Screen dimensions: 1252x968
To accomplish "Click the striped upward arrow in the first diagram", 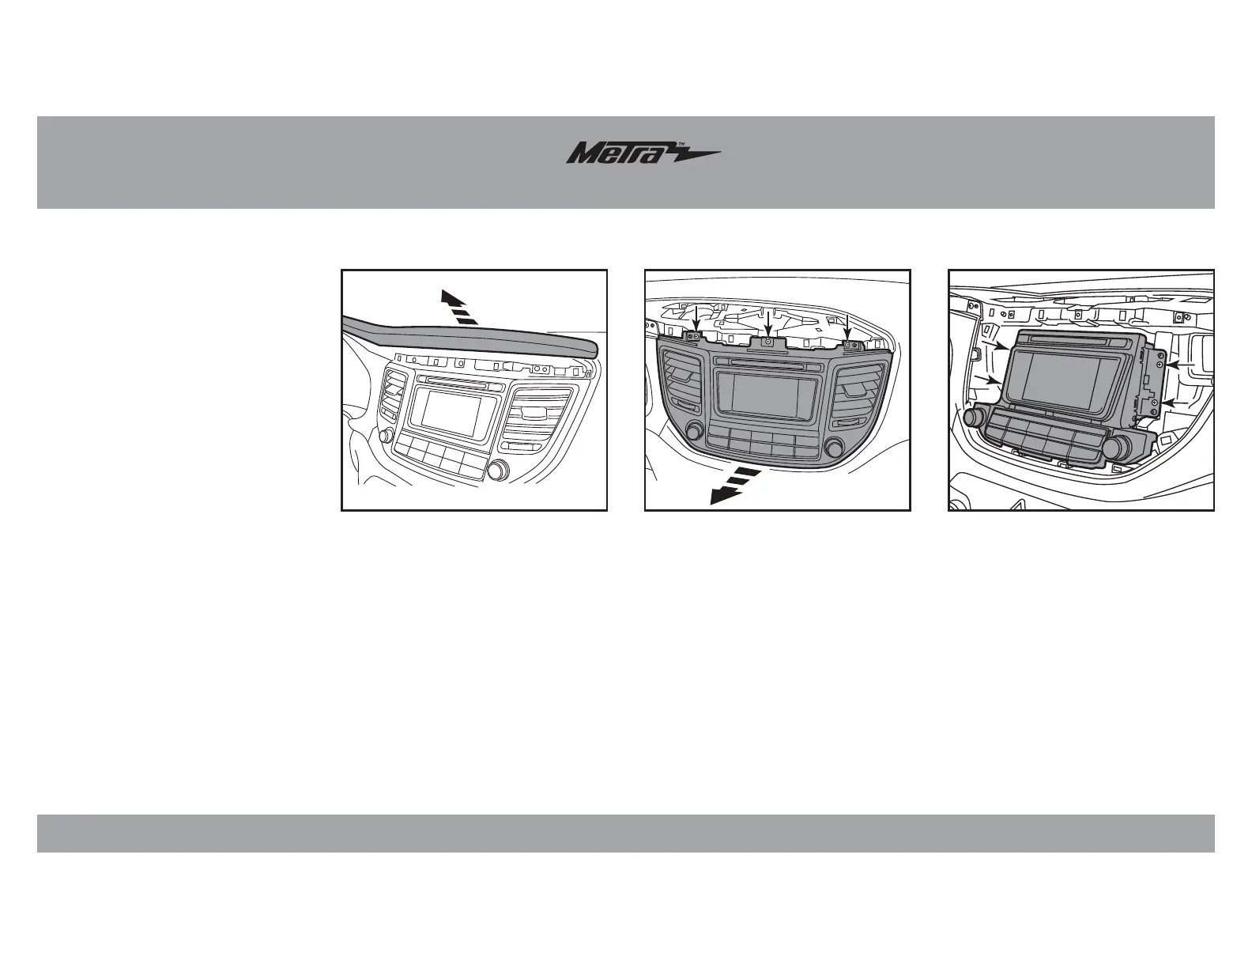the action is [459, 308].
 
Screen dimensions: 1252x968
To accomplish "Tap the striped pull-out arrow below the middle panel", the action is [733, 484].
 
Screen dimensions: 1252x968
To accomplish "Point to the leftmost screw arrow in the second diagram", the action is [696, 322].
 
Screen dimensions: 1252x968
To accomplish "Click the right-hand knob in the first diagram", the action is [498, 471].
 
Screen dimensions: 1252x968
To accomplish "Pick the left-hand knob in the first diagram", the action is [387, 437].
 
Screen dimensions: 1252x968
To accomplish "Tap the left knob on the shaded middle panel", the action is [695, 431].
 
